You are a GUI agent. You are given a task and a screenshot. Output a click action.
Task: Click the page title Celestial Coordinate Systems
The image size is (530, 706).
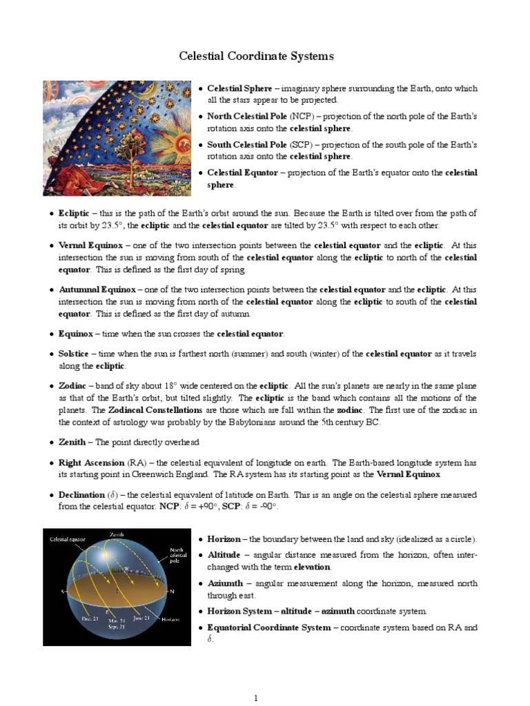click(257, 56)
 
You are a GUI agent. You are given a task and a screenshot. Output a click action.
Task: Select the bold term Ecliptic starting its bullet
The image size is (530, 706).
click(74, 213)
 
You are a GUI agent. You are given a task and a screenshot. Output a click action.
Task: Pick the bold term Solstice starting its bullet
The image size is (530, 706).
click(75, 354)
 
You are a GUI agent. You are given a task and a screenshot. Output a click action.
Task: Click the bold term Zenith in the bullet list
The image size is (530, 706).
click(72, 442)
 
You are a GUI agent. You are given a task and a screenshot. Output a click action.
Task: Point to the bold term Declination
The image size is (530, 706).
click(81, 495)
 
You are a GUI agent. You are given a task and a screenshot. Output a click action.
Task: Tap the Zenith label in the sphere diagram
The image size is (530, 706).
click(118, 534)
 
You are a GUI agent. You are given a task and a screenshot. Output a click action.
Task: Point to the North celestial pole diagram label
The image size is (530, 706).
click(178, 556)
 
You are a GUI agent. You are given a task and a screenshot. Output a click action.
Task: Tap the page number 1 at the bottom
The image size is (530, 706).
click(256, 698)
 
